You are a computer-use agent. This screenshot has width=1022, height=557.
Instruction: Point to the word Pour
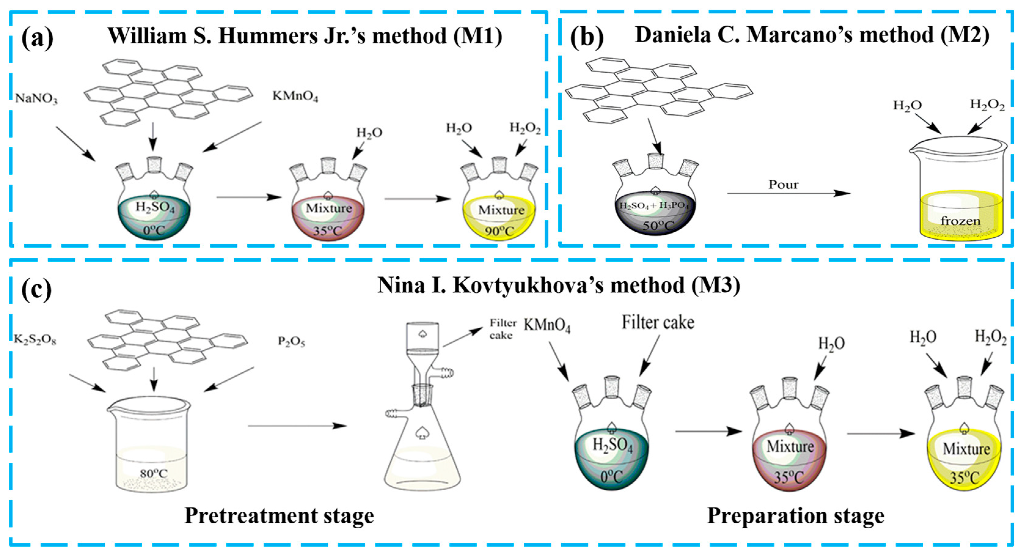coord(783,185)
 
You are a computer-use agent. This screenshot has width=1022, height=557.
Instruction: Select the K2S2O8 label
coord(35,340)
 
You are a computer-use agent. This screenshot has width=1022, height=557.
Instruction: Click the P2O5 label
coord(291,341)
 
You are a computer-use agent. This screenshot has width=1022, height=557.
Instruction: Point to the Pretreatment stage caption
coord(279,516)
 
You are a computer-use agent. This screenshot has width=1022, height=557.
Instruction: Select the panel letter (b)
coord(586,38)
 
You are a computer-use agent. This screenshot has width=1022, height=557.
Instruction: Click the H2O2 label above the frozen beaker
coord(987,105)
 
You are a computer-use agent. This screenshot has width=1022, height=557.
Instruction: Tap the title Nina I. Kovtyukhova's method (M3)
coord(559,285)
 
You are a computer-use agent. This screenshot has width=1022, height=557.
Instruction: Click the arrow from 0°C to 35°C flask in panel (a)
coord(249,197)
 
